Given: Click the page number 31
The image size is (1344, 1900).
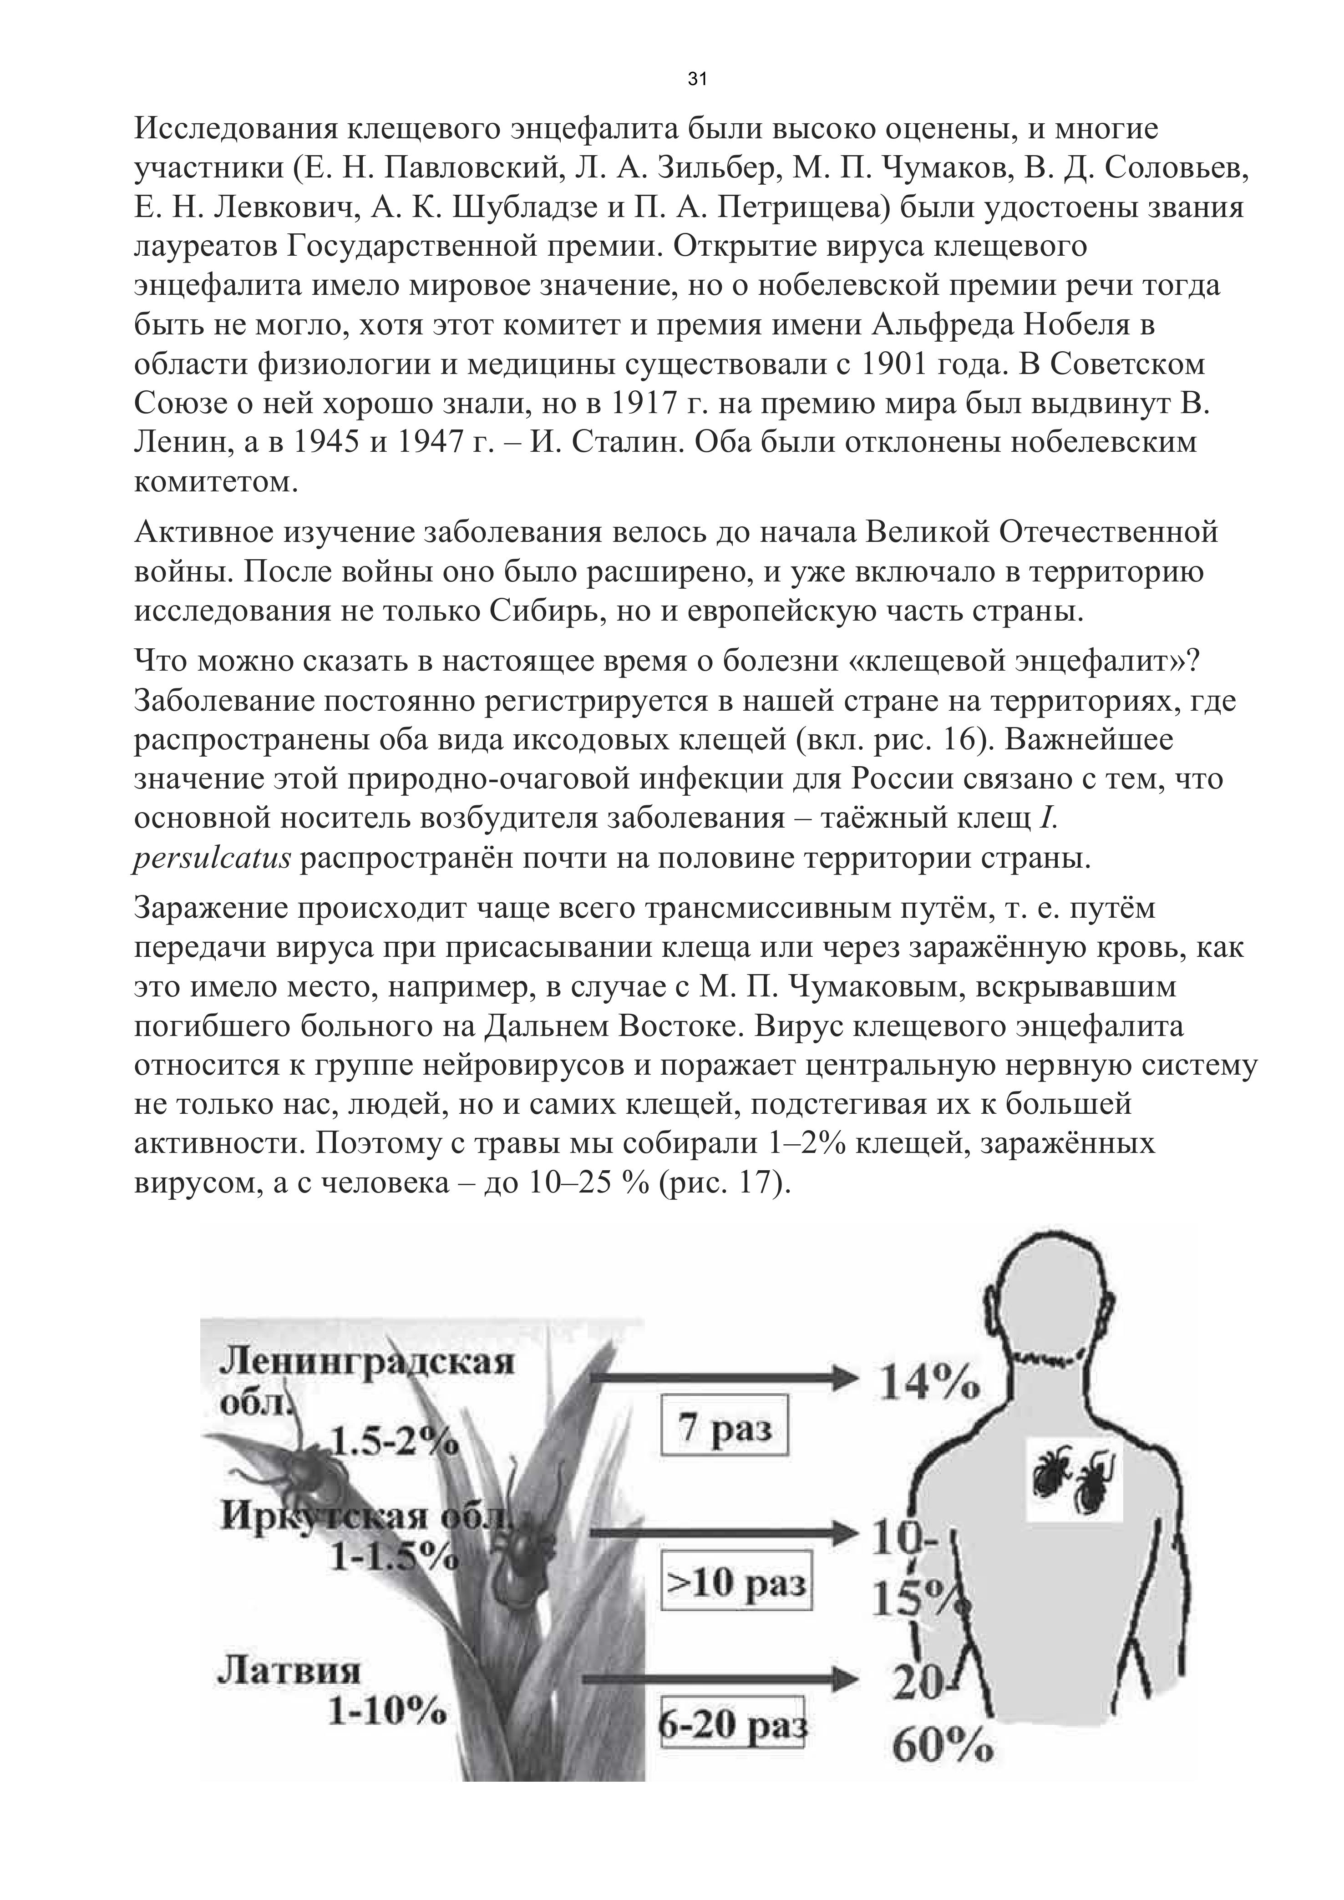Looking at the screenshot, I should click(697, 80).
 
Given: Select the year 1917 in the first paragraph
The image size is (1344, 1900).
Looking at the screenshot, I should click(642, 404).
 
